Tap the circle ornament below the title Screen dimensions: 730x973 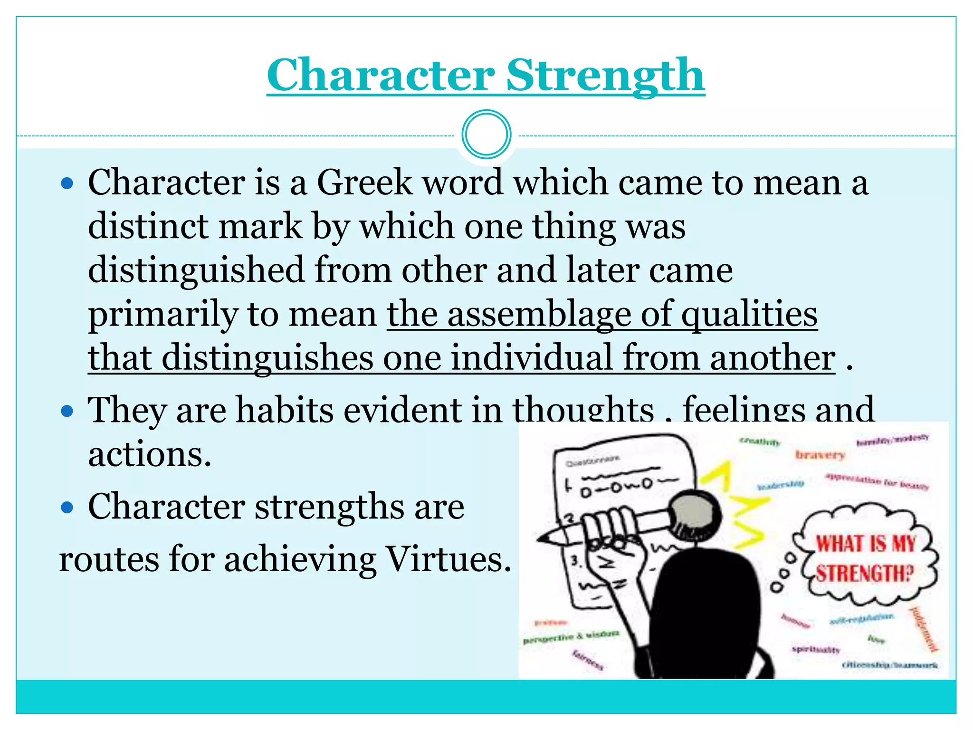pyautogui.click(x=486, y=134)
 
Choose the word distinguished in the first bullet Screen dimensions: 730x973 pyautogui.click(x=196, y=270)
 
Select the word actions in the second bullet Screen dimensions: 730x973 pyautogui.click(x=149, y=454)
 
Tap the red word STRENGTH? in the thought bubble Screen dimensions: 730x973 pyautogui.click(x=865, y=574)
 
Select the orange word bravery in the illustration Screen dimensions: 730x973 pyautogui.click(x=820, y=455)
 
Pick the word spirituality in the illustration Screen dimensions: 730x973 pyautogui.click(x=816, y=649)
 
